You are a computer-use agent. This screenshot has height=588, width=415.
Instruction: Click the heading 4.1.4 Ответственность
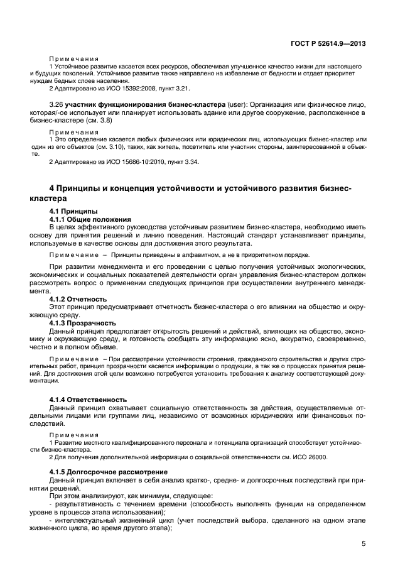[x=88, y=399]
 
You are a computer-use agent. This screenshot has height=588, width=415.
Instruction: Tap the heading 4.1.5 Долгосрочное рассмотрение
[x=106, y=471]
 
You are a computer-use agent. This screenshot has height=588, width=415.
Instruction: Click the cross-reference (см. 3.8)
[x=128, y=119]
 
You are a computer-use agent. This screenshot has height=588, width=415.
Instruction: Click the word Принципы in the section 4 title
[x=88, y=188]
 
